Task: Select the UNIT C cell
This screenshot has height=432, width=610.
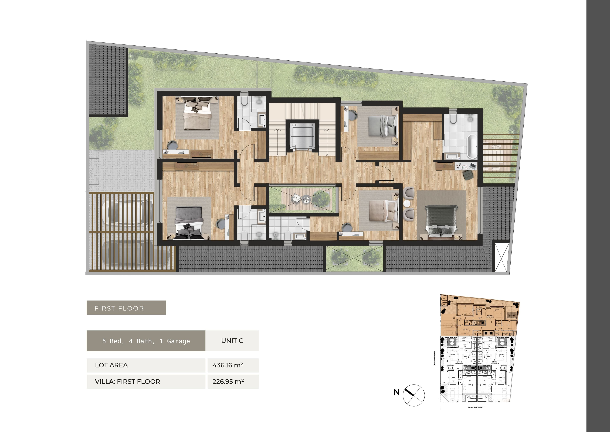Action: [232, 341]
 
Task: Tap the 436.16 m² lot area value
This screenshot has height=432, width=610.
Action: [228, 365]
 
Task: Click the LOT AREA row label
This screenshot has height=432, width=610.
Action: [111, 365]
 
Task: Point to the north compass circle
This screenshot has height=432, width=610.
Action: [414, 395]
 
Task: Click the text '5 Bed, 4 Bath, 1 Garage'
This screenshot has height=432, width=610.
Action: [146, 341]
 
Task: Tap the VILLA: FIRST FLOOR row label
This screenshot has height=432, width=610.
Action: [127, 381]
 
